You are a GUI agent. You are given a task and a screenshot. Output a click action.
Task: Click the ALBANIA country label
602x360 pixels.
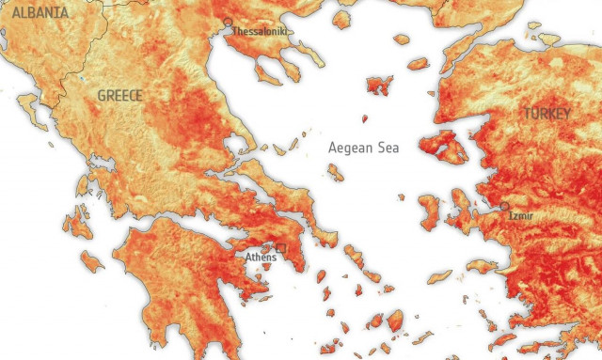[35, 12]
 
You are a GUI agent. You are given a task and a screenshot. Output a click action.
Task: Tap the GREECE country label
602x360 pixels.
[119, 96]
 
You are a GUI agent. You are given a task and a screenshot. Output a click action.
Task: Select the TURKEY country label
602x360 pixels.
[547, 113]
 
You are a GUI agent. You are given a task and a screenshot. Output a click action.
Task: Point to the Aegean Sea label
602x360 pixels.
[363, 148]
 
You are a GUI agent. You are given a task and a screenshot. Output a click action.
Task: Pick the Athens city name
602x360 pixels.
[261, 257]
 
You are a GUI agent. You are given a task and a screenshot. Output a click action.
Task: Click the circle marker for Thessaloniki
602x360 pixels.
[227, 22]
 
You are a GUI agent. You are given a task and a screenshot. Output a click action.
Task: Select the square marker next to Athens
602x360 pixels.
[280, 248]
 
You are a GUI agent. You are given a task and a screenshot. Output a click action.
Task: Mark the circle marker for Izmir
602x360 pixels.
[504, 206]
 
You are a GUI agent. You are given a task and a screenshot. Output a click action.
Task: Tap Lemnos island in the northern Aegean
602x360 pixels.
[380, 86]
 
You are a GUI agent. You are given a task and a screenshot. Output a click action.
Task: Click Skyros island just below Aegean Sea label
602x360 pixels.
[335, 172]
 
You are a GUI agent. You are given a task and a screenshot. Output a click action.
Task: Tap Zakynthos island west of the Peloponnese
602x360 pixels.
[91, 260]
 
